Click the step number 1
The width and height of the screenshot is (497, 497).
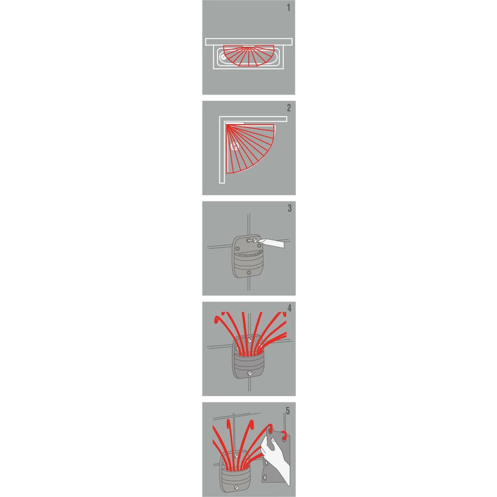[x=289, y=8]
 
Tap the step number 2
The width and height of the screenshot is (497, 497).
[x=289, y=108]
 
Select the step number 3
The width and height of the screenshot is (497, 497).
[x=290, y=208]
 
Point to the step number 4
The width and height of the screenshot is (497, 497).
[x=290, y=309]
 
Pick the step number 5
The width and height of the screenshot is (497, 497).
[x=288, y=410]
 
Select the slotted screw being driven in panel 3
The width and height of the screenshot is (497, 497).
[x=256, y=240]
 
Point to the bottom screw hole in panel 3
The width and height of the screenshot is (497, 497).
[x=248, y=273]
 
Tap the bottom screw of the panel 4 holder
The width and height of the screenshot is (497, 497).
[x=249, y=373]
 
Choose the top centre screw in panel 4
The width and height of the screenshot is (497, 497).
[x=249, y=341]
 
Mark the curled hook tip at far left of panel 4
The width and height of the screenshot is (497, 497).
[x=216, y=320]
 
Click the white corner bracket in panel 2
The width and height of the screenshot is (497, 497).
[x=234, y=122]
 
